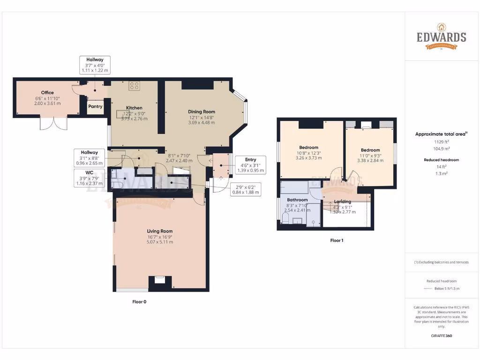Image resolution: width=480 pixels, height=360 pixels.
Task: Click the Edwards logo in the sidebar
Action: [442, 37]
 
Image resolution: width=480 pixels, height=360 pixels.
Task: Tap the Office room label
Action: [47, 93]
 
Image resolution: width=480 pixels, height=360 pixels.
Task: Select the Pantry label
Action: [95, 106]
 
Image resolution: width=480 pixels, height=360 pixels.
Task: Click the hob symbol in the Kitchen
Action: [135, 86]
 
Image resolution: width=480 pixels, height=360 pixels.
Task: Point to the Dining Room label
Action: [202, 112]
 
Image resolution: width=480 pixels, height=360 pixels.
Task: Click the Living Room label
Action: [160, 231]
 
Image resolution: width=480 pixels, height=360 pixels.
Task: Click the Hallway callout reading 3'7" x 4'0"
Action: [95, 65]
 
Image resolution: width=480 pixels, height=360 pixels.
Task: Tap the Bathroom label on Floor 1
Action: [297, 200]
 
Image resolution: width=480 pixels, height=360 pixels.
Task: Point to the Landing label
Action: [342, 202]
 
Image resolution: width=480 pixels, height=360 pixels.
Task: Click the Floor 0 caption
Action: [139, 302]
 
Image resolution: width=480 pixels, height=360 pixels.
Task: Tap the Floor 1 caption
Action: [337, 240]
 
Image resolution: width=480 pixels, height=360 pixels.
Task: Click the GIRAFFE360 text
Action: [441, 336]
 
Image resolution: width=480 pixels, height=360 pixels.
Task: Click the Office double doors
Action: [53, 123]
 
